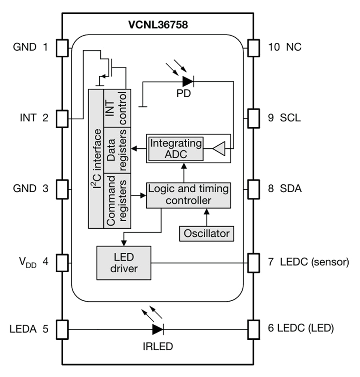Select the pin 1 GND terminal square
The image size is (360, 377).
(x=62, y=47)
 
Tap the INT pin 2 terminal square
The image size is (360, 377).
(x=62, y=119)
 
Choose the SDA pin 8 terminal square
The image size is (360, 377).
(x=254, y=188)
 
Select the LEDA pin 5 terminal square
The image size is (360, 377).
(x=62, y=329)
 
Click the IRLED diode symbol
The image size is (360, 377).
(x=158, y=329)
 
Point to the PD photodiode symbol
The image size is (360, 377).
(x=187, y=81)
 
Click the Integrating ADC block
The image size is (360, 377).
(x=176, y=148)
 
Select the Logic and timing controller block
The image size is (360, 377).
(x=188, y=195)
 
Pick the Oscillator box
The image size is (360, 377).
(x=206, y=233)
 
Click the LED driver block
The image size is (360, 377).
(x=124, y=263)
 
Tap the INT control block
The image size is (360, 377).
(x=117, y=108)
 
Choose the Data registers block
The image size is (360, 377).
(x=117, y=150)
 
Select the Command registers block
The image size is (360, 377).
(x=117, y=200)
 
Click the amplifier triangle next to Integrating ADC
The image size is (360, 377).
(x=219, y=148)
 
